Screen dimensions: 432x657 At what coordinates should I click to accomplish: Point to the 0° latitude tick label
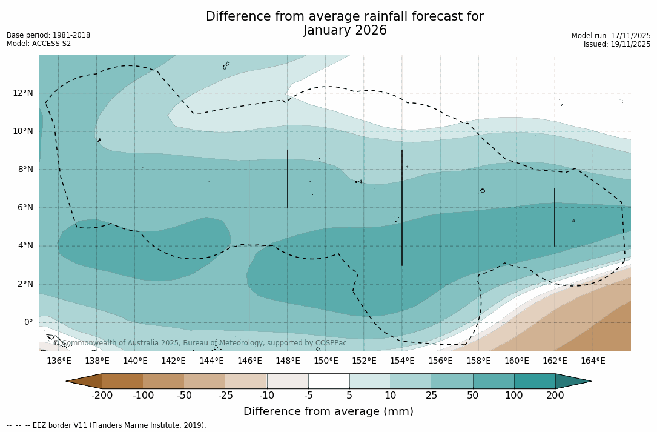(28, 322)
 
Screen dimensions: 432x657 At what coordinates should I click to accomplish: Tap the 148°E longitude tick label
(288, 361)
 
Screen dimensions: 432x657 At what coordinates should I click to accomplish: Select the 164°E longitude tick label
(593, 361)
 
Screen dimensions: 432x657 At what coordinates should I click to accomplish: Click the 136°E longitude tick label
(59, 361)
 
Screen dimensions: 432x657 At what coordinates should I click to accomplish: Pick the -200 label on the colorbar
(102, 396)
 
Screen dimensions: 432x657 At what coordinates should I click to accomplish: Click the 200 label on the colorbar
(555, 396)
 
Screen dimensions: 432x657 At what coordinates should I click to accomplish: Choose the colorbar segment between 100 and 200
(535, 381)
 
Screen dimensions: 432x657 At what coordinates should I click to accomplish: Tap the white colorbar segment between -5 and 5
(329, 381)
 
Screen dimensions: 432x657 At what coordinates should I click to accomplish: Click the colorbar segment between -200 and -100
(123, 381)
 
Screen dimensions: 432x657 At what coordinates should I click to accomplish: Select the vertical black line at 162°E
(555, 217)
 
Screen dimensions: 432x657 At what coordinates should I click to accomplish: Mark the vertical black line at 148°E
(288, 179)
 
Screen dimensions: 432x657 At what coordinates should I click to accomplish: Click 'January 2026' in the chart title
(345, 31)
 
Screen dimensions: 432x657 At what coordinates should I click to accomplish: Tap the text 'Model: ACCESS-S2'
(39, 44)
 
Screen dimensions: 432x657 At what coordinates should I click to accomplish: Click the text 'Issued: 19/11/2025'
(617, 44)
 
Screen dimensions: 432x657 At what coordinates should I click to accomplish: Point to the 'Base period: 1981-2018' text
(48, 35)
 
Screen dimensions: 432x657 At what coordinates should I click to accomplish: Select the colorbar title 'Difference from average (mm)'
(328, 412)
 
